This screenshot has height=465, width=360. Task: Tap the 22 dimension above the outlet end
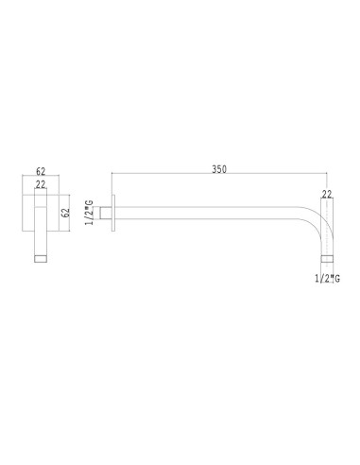coord(327,194)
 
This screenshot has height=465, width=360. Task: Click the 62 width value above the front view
coord(41,171)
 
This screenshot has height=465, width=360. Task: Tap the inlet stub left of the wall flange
coord(108,213)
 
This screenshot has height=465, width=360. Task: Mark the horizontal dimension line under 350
coord(218,176)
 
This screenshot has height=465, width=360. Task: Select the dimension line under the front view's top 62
coord(41,178)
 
